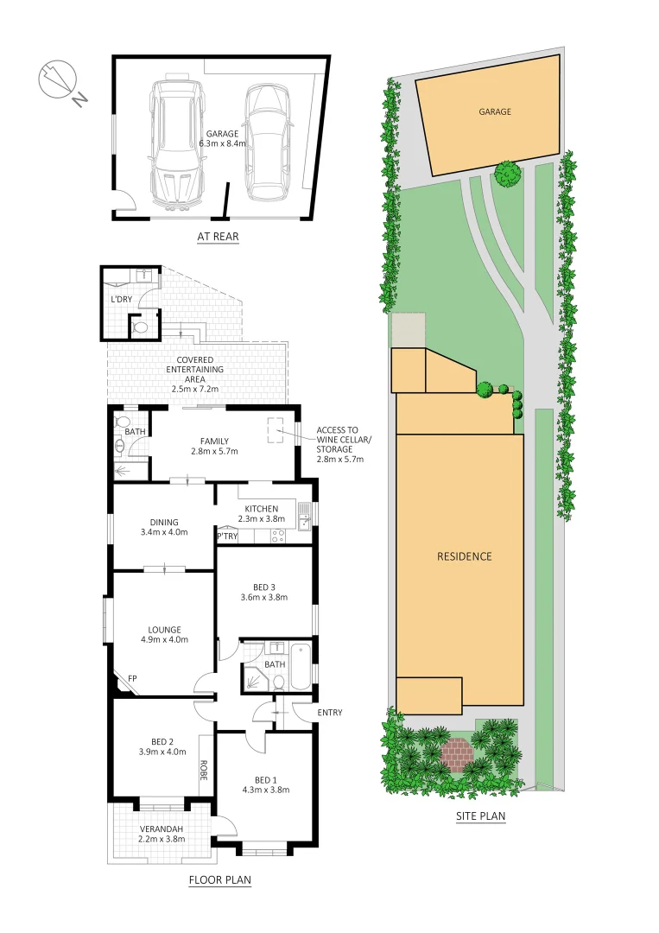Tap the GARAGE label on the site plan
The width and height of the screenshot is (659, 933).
(495, 111)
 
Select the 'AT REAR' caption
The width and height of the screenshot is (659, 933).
(217, 237)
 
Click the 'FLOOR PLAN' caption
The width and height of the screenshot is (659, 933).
(219, 881)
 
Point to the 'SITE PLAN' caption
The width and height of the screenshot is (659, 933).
(479, 816)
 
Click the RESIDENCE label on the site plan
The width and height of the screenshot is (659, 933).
(464, 556)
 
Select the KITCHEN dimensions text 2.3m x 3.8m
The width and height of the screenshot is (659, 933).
(261, 519)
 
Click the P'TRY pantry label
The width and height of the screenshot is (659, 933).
(227, 536)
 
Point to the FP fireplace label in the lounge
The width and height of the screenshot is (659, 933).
(133, 679)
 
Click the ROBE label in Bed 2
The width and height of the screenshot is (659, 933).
(205, 770)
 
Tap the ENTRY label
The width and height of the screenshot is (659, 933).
(330, 713)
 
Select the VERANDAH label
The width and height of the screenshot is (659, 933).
(162, 828)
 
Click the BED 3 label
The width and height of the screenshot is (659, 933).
(264, 587)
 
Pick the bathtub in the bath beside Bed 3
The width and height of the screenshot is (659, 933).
(300, 667)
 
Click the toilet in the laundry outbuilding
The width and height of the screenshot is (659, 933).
(139, 328)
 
